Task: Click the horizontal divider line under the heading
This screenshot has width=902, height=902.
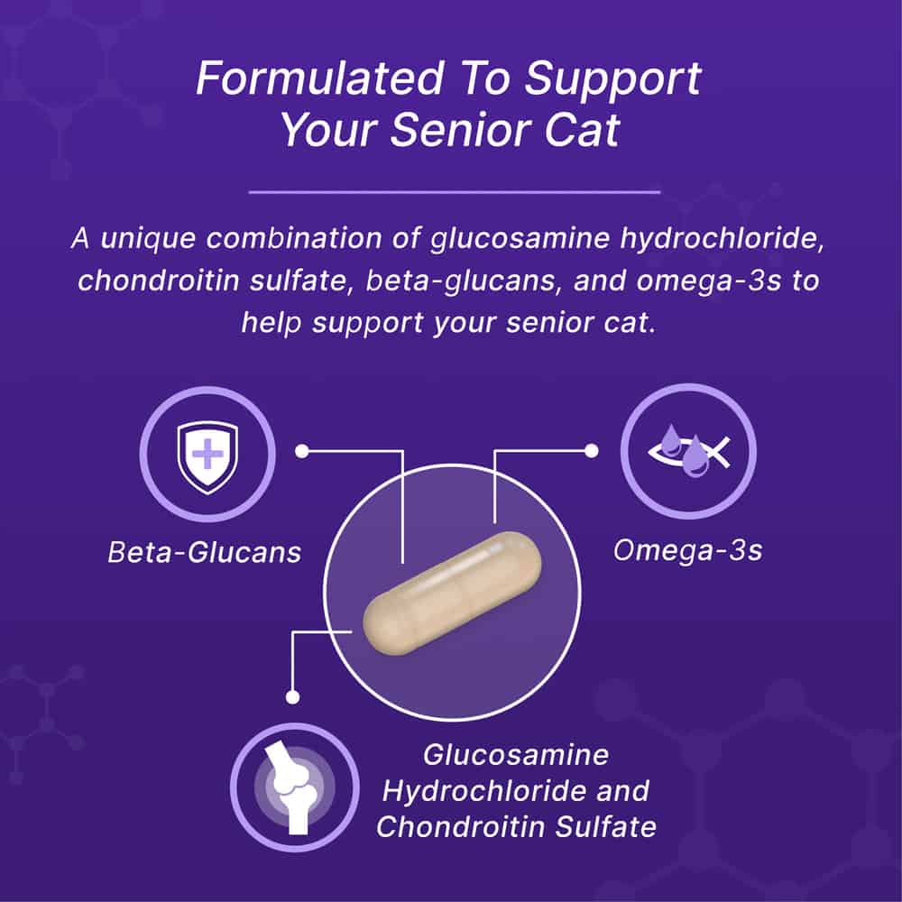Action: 454,191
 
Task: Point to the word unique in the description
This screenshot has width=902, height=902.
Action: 147,241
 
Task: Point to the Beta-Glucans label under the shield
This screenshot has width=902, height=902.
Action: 204,552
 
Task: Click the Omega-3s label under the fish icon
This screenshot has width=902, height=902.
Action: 687,550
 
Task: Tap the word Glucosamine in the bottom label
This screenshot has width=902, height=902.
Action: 516,754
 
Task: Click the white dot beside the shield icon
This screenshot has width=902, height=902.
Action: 303,449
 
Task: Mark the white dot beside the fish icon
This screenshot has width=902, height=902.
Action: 593,449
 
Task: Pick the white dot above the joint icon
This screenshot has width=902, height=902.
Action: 291,696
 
